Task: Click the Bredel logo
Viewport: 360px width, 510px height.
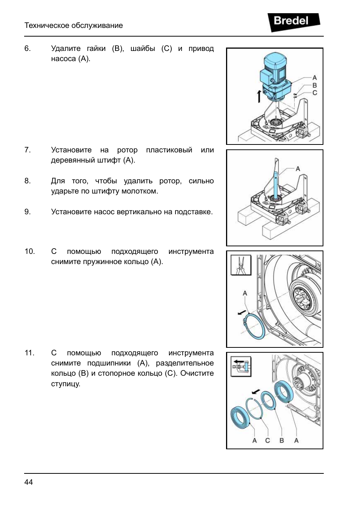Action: (293, 22)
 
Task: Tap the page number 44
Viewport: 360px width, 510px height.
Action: (29, 482)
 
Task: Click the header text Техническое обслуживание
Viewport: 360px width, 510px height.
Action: (74, 25)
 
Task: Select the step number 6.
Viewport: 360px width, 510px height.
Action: (27, 48)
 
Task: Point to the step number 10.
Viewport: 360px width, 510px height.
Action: (29, 251)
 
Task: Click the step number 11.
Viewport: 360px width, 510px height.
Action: (29, 353)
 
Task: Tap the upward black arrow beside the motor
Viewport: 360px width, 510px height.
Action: (259, 96)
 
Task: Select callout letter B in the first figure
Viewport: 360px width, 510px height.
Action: (314, 85)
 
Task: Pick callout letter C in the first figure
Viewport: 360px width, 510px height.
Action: (314, 93)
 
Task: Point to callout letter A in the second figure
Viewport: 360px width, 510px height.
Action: (298, 169)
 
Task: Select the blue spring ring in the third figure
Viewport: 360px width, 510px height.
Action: (254, 326)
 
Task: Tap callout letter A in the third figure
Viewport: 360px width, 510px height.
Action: (245, 293)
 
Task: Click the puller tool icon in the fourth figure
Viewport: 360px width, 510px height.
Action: (241, 366)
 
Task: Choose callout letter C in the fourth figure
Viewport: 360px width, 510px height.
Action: (268, 440)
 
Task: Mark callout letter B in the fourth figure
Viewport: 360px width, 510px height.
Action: (282, 440)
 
